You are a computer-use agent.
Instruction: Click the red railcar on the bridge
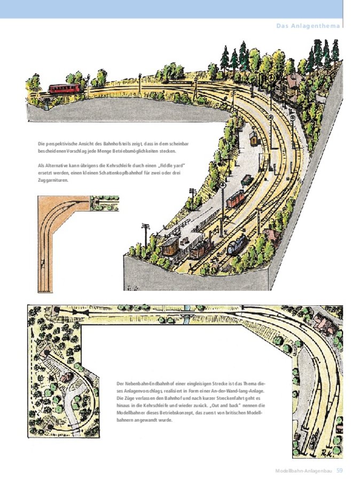[x=65, y=88]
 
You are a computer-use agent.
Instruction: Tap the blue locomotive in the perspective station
[x=238, y=244]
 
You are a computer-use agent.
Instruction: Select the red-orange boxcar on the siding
[x=236, y=198]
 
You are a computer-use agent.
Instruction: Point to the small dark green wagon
[x=247, y=181]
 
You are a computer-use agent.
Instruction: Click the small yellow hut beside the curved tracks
[x=254, y=138]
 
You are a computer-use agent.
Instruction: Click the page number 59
[x=339, y=470]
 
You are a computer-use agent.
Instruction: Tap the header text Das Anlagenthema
[x=308, y=26]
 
